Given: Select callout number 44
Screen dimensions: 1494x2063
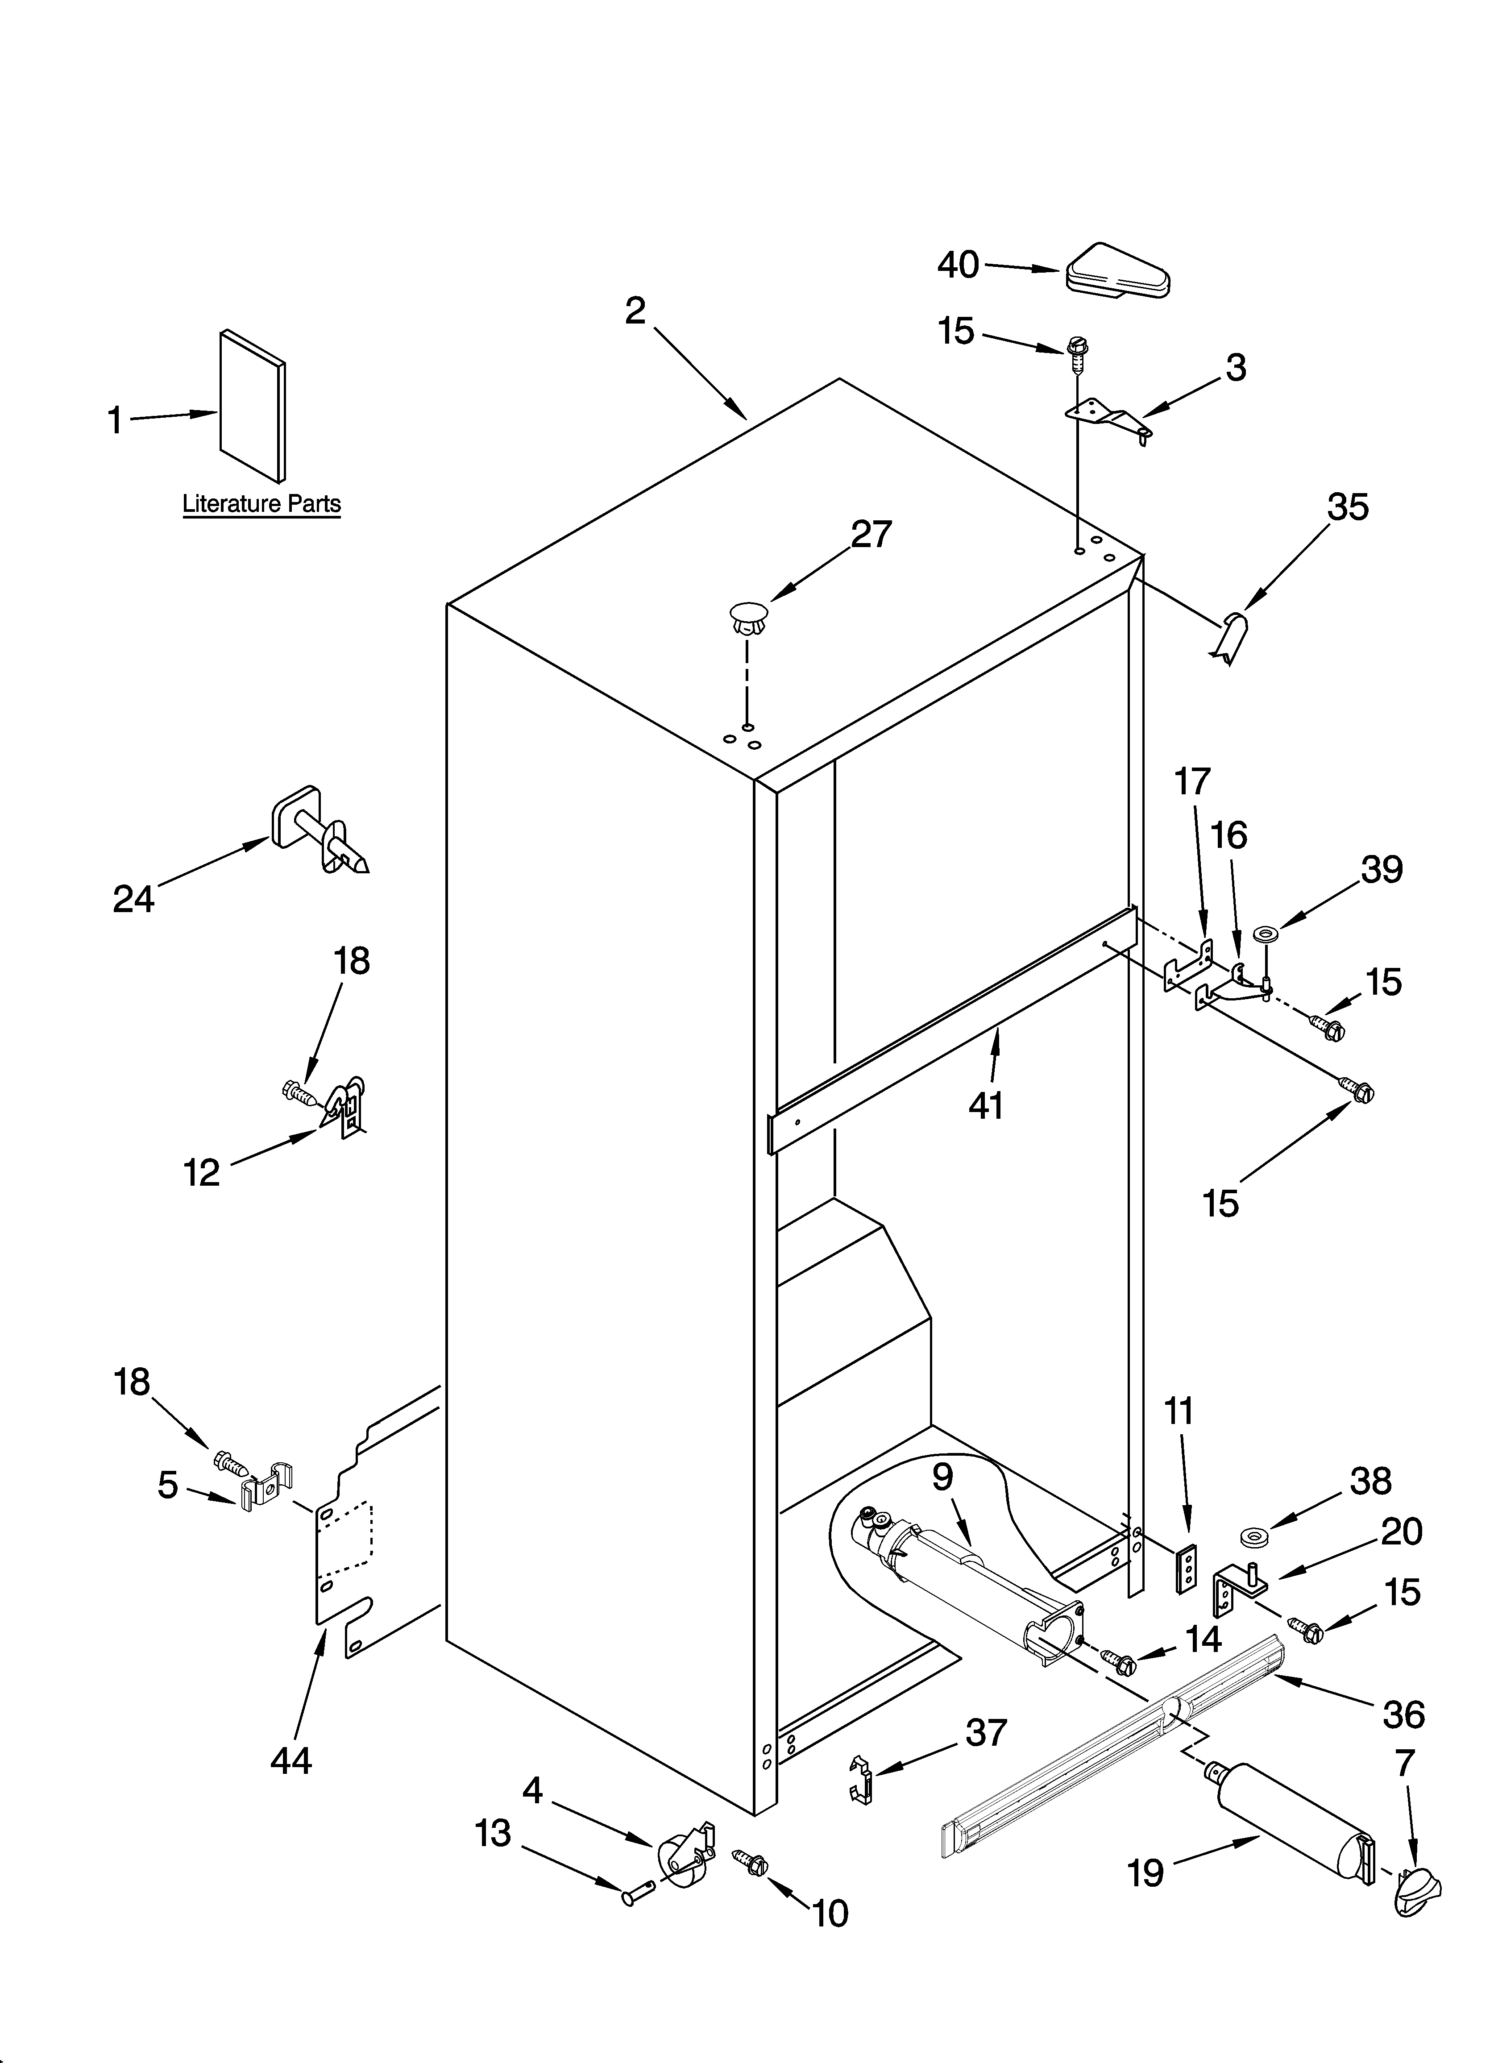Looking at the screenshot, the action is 291,1762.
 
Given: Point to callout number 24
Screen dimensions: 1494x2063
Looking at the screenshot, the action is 134,899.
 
